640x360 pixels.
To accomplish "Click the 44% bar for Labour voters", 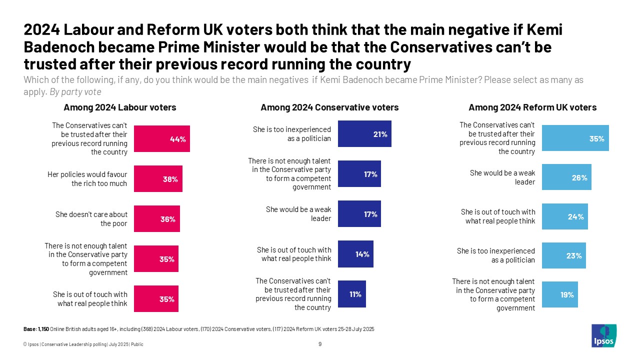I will [x=162, y=138].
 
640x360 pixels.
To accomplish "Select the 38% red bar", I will [x=158, y=178].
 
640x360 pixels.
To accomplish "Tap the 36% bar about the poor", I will [x=156, y=218].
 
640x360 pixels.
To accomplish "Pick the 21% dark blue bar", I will [x=364, y=133].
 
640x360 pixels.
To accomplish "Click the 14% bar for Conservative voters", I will [x=355, y=253].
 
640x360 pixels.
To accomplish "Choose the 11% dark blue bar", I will [x=352, y=294].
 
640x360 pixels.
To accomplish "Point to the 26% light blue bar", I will [x=566, y=177].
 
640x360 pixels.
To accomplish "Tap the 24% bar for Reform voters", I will [x=565, y=216].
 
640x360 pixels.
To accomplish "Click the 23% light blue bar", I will [x=563, y=255].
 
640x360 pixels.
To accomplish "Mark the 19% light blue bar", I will [x=560, y=294].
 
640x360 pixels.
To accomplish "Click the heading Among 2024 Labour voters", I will [x=120, y=107].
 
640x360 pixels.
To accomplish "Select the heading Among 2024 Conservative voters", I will [x=329, y=107].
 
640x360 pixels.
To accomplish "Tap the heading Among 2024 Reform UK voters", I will [x=532, y=107].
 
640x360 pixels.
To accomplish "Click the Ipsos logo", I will [x=604, y=335].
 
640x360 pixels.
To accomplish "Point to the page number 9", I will [x=319, y=344].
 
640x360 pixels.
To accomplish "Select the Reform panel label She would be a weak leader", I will [x=502, y=177].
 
